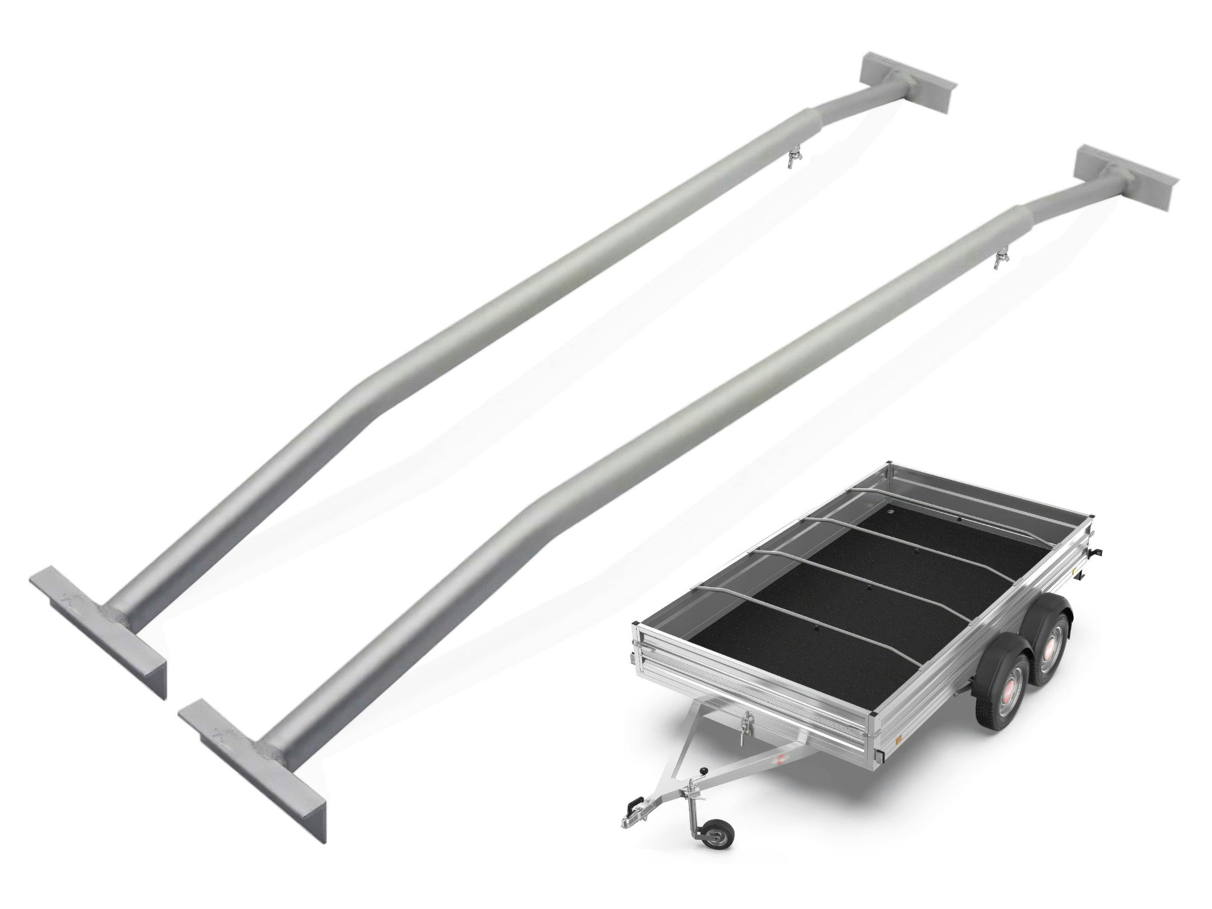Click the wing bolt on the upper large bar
(790, 160)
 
